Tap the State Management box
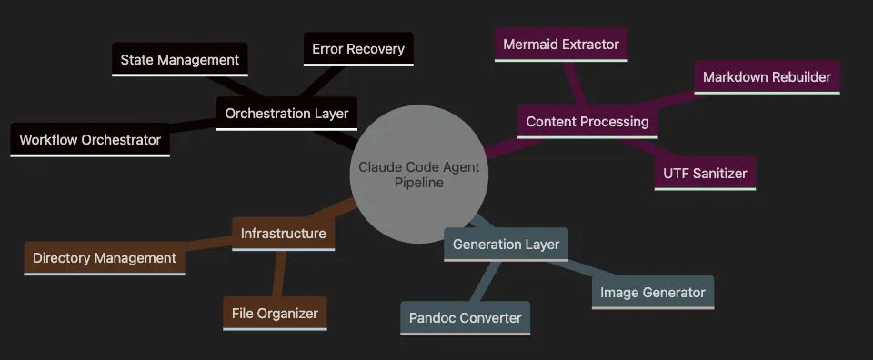point(179,60)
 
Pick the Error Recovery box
point(357,49)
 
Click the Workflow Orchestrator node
point(90,140)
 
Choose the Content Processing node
point(587,121)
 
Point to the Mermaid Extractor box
point(560,45)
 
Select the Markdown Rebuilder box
point(767,77)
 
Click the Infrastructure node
point(283,234)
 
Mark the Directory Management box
point(104,258)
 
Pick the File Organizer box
point(275,314)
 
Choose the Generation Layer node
point(506,245)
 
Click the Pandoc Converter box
point(465,318)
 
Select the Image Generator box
point(653,293)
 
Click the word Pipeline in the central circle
point(419,184)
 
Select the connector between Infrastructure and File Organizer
point(279,274)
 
